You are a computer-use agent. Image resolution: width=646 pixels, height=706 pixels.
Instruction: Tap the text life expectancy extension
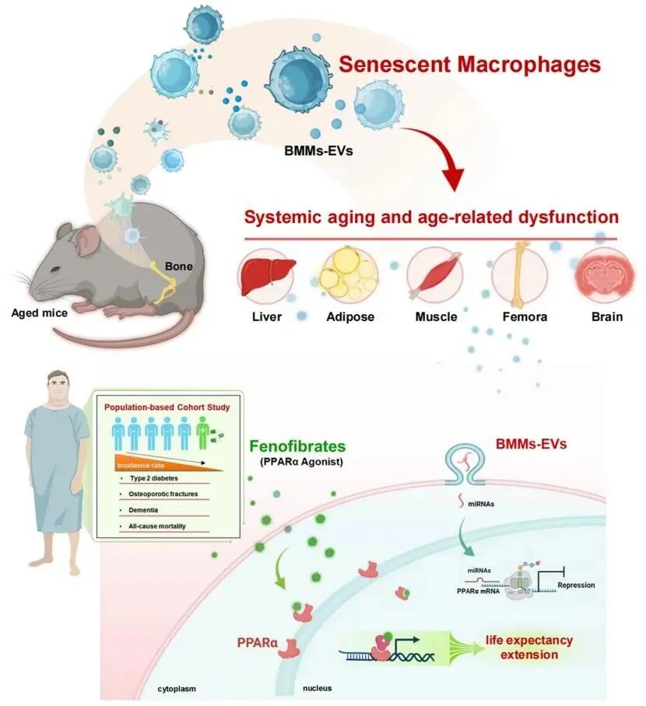coord(528,647)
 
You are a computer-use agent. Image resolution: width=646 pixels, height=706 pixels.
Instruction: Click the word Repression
coord(576,585)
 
